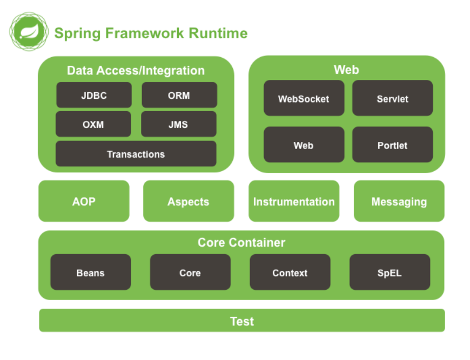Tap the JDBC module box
click(94, 96)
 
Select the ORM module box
click(179, 96)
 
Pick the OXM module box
click(93, 124)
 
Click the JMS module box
click(178, 124)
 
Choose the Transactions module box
click(136, 154)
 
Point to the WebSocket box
click(304, 98)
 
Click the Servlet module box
click(392, 98)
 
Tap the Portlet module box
click(392, 145)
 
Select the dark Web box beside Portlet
click(304, 145)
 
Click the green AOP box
click(84, 201)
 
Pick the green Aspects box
click(188, 201)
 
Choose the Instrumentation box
click(294, 201)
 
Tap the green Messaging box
click(399, 201)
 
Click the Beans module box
click(90, 273)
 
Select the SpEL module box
click(390, 273)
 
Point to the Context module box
click(290, 273)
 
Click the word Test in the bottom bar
click(241, 321)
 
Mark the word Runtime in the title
click(218, 33)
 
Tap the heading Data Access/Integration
click(136, 70)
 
